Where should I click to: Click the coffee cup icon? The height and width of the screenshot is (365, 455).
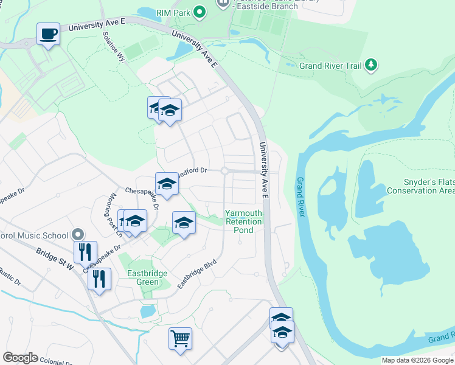[48, 33]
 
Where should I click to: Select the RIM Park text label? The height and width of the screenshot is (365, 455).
[172, 11]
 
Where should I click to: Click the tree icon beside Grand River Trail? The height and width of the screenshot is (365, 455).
[370, 65]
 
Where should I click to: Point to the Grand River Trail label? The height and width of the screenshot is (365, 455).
[330, 66]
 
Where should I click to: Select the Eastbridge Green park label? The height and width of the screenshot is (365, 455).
[147, 278]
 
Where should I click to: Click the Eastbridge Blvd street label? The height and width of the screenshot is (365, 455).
[196, 275]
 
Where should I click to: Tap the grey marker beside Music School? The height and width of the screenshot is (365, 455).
[77, 234]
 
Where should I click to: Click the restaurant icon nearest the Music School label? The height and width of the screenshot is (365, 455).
[86, 251]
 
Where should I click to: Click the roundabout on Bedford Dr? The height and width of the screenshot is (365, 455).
[224, 172]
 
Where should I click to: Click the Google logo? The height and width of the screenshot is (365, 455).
[20, 358]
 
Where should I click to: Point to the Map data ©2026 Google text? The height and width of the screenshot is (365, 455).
[417, 360]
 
